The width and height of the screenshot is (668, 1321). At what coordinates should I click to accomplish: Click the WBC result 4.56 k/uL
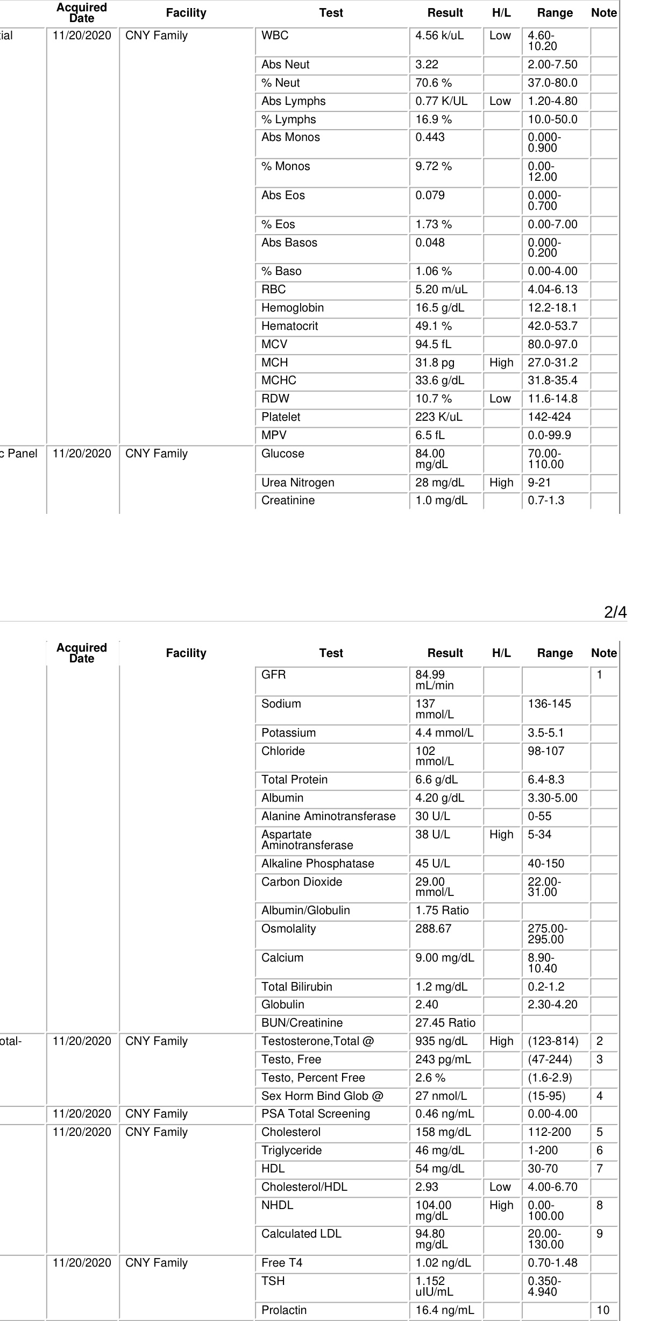click(439, 36)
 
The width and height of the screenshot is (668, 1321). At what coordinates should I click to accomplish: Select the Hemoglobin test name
click(293, 308)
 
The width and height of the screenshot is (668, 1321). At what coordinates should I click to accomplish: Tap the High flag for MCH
click(501, 363)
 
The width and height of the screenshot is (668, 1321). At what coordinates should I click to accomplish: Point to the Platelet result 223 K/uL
click(439, 417)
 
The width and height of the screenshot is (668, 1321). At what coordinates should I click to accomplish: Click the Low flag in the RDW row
click(500, 399)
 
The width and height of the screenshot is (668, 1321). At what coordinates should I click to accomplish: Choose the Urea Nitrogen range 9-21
click(539, 483)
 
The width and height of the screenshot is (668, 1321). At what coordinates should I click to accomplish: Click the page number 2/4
click(615, 612)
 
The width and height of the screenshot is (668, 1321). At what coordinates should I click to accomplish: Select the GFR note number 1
click(599, 675)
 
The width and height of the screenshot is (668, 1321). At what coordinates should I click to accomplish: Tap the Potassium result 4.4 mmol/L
click(444, 733)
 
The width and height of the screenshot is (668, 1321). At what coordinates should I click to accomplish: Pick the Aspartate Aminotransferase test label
click(307, 840)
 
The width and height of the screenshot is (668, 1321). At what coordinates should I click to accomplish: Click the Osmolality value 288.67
click(434, 929)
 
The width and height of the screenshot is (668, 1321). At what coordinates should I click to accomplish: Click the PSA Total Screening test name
click(316, 1114)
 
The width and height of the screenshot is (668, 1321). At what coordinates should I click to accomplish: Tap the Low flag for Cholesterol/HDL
click(500, 1187)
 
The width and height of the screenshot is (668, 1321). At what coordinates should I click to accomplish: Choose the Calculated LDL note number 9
click(599, 1234)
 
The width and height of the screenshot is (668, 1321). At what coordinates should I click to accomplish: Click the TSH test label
click(273, 1281)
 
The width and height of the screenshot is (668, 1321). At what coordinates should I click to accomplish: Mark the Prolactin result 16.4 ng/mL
click(445, 1310)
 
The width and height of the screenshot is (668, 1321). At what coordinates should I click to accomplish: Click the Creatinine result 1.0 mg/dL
click(441, 500)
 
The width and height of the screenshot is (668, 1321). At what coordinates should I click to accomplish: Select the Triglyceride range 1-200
click(543, 1150)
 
